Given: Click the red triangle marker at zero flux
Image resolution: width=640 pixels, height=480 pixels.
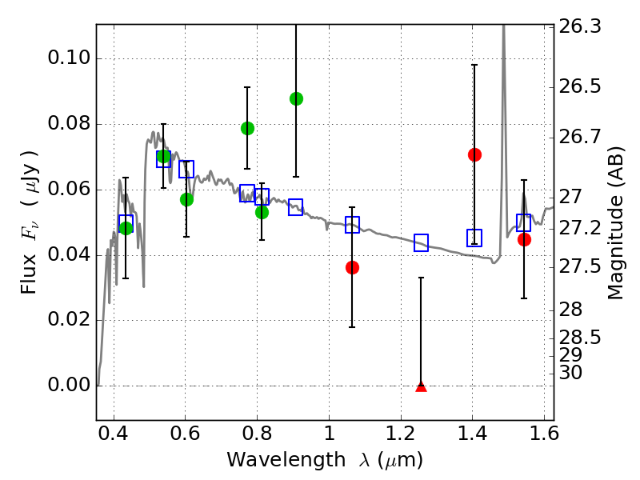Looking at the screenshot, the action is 422,387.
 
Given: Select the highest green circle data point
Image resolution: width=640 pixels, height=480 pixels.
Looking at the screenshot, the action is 296,98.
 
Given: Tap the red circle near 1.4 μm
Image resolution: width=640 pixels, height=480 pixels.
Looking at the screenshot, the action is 474,154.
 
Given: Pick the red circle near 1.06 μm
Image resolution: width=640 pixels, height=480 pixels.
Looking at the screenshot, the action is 352,268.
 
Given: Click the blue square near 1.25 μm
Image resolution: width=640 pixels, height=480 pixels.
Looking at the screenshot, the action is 422,243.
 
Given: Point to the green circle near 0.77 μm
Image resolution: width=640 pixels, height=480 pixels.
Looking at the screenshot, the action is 247,128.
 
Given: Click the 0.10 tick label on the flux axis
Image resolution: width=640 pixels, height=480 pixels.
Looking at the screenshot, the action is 69,58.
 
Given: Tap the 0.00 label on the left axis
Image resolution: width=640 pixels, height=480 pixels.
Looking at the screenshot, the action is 69,385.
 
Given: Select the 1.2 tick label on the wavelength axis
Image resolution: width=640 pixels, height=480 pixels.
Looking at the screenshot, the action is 401,434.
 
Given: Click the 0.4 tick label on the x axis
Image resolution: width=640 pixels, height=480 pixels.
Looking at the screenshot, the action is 114,434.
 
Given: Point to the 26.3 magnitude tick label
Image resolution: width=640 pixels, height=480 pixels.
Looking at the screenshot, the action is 579,27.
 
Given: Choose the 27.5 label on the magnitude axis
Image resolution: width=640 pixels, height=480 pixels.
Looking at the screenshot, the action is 579,267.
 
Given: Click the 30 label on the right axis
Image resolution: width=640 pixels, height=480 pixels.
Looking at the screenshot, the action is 570,373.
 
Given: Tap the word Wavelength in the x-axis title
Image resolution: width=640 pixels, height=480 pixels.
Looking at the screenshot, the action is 286,460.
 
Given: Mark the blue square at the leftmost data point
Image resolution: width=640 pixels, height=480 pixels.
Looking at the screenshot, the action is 126,224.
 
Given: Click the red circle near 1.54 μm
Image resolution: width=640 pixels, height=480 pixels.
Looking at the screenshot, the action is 525,239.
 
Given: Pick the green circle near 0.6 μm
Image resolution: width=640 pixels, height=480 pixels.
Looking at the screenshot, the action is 186,199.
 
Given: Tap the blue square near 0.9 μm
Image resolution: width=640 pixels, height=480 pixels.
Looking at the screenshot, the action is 295,207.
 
